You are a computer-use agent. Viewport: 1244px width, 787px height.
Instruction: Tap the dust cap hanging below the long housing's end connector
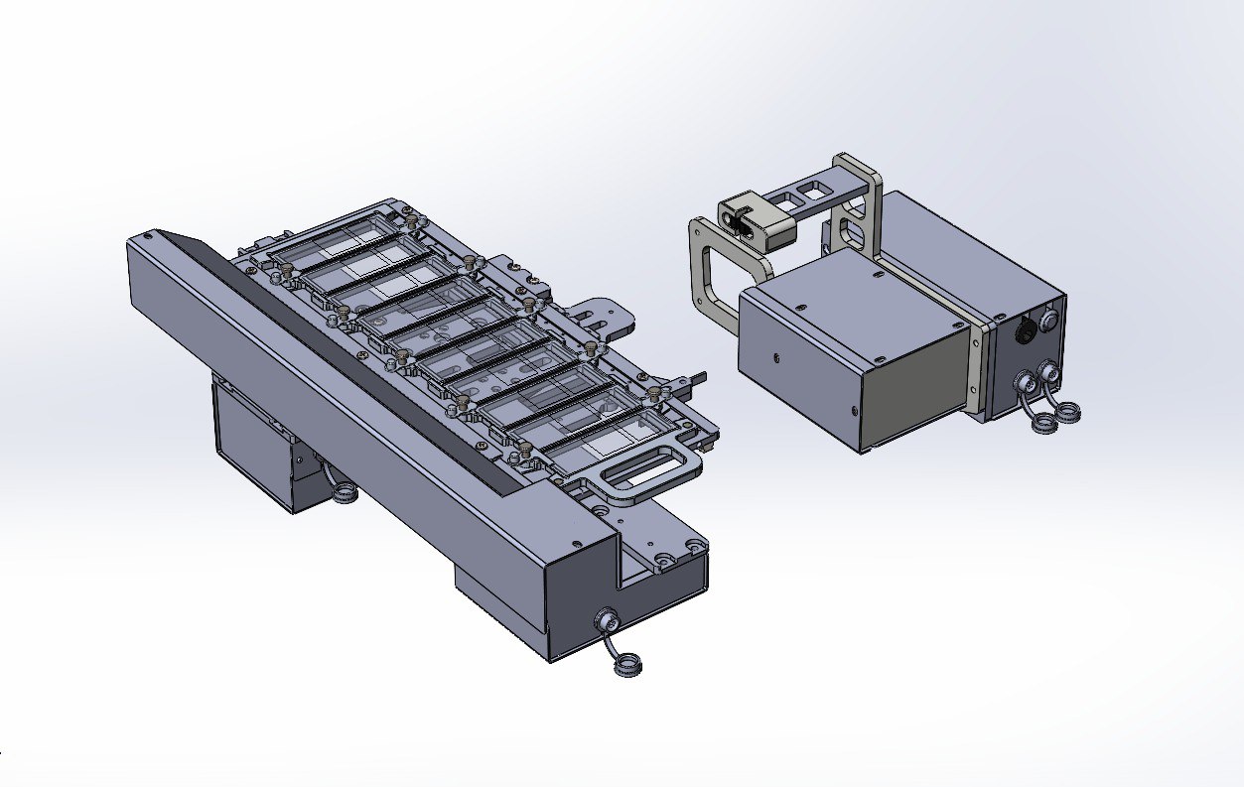tap(625, 666)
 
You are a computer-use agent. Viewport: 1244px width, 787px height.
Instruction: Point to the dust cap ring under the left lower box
tap(344, 492)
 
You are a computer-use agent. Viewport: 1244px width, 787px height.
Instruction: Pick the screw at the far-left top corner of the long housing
tap(148, 237)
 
